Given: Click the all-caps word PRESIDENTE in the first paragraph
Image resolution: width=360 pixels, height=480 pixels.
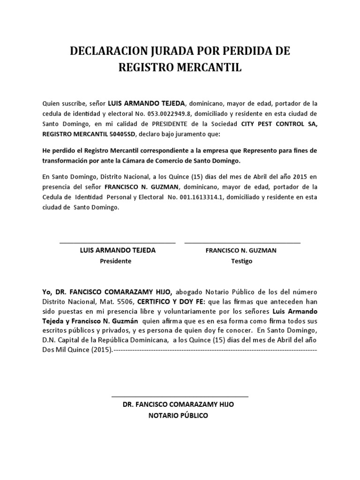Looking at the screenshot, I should pos(172,124).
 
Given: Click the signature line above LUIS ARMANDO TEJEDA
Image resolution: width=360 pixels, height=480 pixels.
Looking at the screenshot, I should pos(117,243).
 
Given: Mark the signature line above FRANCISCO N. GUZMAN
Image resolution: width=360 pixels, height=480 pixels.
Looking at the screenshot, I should pos(242,243).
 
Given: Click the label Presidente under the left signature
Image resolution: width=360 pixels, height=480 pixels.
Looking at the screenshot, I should pos(116,261).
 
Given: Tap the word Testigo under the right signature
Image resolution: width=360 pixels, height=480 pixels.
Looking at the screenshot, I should pos(241,261).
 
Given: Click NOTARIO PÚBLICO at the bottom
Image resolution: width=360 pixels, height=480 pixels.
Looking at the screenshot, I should pos(178,416).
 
